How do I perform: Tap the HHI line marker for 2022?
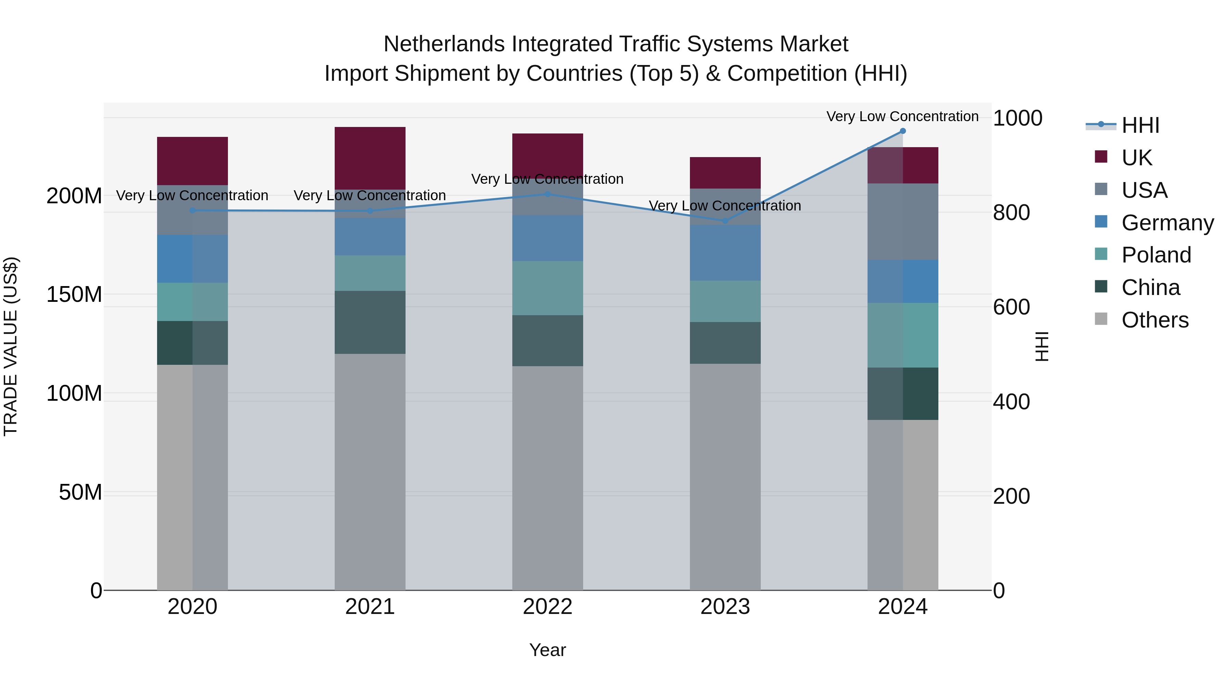tap(548, 194)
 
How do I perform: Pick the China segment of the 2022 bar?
tap(548, 341)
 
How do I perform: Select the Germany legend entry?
tap(1167, 223)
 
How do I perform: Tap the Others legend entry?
tap(1155, 320)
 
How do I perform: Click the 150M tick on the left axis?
tap(74, 295)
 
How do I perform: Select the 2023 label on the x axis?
tap(725, 607)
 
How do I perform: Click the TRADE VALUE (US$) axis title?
tap(11, 346)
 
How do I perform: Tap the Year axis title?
tap(547, 650)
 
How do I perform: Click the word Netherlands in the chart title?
tap(444, 44)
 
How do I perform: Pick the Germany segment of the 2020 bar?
tap(192, 258)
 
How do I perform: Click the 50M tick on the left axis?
tap(80, 492)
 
